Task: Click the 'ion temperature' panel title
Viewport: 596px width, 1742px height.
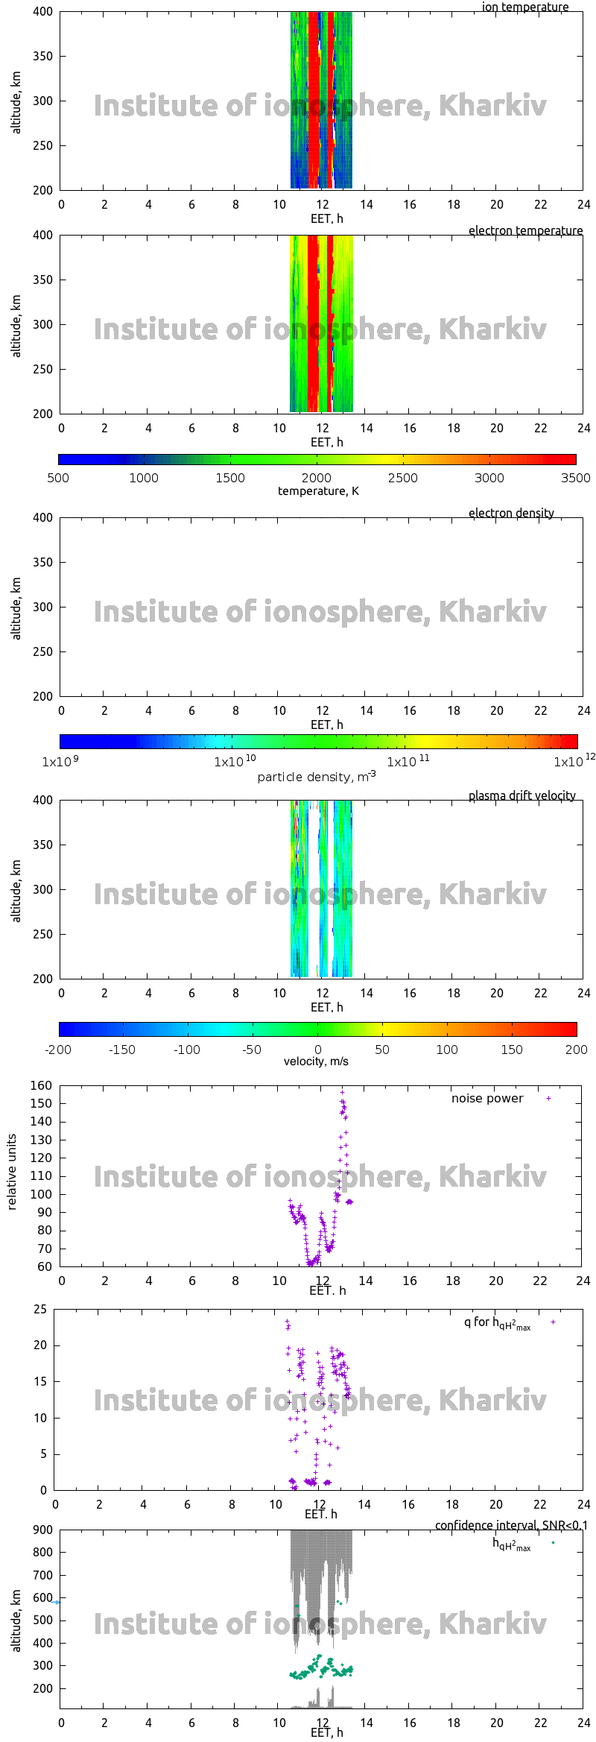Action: tap(524, 7)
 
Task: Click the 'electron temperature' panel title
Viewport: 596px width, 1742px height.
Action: tap(525, 230)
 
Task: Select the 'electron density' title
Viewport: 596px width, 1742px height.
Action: tap(511, 513)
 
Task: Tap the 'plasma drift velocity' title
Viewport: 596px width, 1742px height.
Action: tap(521, 795)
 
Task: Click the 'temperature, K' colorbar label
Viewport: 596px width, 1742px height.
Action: tap(318, 490)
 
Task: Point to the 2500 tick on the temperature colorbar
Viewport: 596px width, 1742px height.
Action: tap(402, 478)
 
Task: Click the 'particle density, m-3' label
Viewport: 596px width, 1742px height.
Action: tap(317, 777)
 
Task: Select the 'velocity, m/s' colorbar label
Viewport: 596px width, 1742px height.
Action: tap(316, 1061)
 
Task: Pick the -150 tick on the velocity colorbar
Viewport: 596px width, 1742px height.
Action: tap(122, 1050)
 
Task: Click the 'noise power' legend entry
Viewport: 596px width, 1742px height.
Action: tap(487, 1098)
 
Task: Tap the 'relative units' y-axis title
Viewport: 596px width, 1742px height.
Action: tap(11, 1172)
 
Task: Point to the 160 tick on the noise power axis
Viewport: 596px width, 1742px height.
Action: tap(42, 1085)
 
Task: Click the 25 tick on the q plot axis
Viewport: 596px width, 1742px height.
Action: tap(40, 1309)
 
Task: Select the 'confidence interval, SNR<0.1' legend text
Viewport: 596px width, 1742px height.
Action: tap(511, 1525)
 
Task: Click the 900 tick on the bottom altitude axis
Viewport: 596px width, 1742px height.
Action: tap(43, 1530)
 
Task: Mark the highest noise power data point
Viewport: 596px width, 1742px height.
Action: tap(342, 1092)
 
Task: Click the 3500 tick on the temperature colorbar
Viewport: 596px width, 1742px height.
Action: tap(575, 478)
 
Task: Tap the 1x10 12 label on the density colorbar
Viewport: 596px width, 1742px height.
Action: tap(573, 761)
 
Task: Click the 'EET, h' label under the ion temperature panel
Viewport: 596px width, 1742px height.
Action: tap(326, 218)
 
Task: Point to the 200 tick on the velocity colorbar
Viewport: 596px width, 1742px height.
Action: tap(576, 1050)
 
